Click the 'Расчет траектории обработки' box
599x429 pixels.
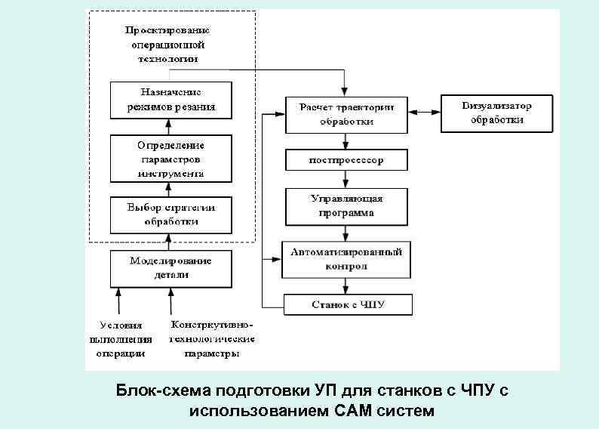point(346,114)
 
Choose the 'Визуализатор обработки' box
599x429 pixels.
point(496,113)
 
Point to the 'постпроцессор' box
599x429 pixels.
point(346,160)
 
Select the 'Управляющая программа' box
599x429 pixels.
point(346,206)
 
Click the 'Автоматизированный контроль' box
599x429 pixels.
point(346,259)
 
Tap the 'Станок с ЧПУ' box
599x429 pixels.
point(348,304)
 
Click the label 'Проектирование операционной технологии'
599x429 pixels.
point(168,45)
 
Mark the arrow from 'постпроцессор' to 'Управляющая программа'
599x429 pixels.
point(346,179)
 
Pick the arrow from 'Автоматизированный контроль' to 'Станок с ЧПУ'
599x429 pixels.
point(346,285)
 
